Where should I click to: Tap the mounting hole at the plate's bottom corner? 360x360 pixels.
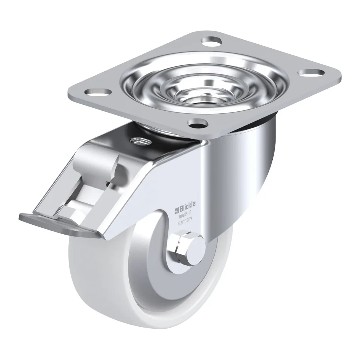(x=198, y=123)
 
